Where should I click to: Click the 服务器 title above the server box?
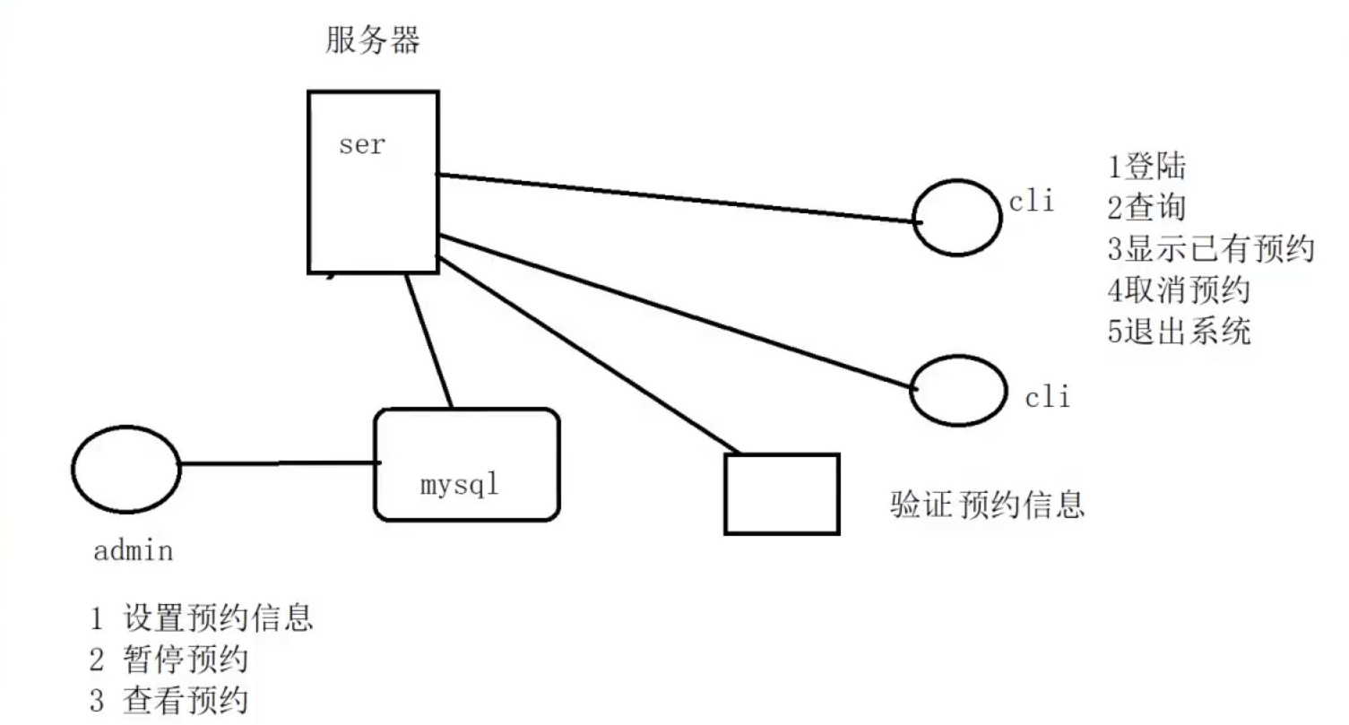pos(372,40)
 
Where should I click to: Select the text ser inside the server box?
pos(362,145)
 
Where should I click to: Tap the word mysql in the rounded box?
pos(459,485)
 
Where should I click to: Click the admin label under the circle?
pos(133,549)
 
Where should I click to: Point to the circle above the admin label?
pos(125,469)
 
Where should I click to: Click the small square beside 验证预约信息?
pos(782,494)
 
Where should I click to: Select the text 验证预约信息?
pos(987,504)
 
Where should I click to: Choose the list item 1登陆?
pos(1146,167)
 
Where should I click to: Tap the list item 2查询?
pos(1146,208)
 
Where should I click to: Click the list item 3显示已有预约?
pos(1210,249)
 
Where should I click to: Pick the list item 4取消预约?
pos(1178,290)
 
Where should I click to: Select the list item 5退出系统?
pos(1178,332)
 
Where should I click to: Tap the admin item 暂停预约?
pos(185,660)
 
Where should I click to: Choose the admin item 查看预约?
pos(185,701)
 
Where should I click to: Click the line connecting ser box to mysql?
pos(428,341)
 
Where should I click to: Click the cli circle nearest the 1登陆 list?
pos(956,218)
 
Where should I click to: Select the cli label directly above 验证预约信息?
pos(1048,396)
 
